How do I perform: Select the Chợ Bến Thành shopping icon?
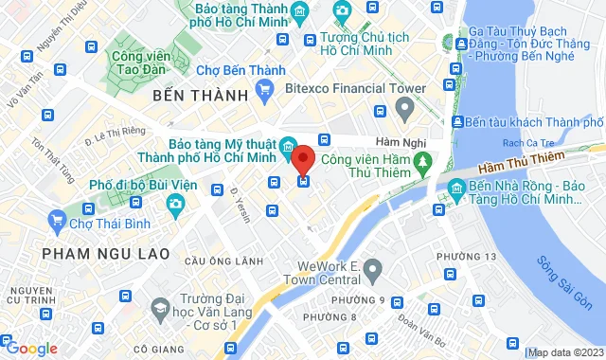tap(265, 91)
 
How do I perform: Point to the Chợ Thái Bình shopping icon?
tap(55, 225)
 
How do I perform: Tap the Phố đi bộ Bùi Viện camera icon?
tap(175, 204)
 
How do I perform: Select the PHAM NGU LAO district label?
tap(105, 254)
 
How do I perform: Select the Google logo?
tap(30, 349)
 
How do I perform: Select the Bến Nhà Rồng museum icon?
tap(456, 190)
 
